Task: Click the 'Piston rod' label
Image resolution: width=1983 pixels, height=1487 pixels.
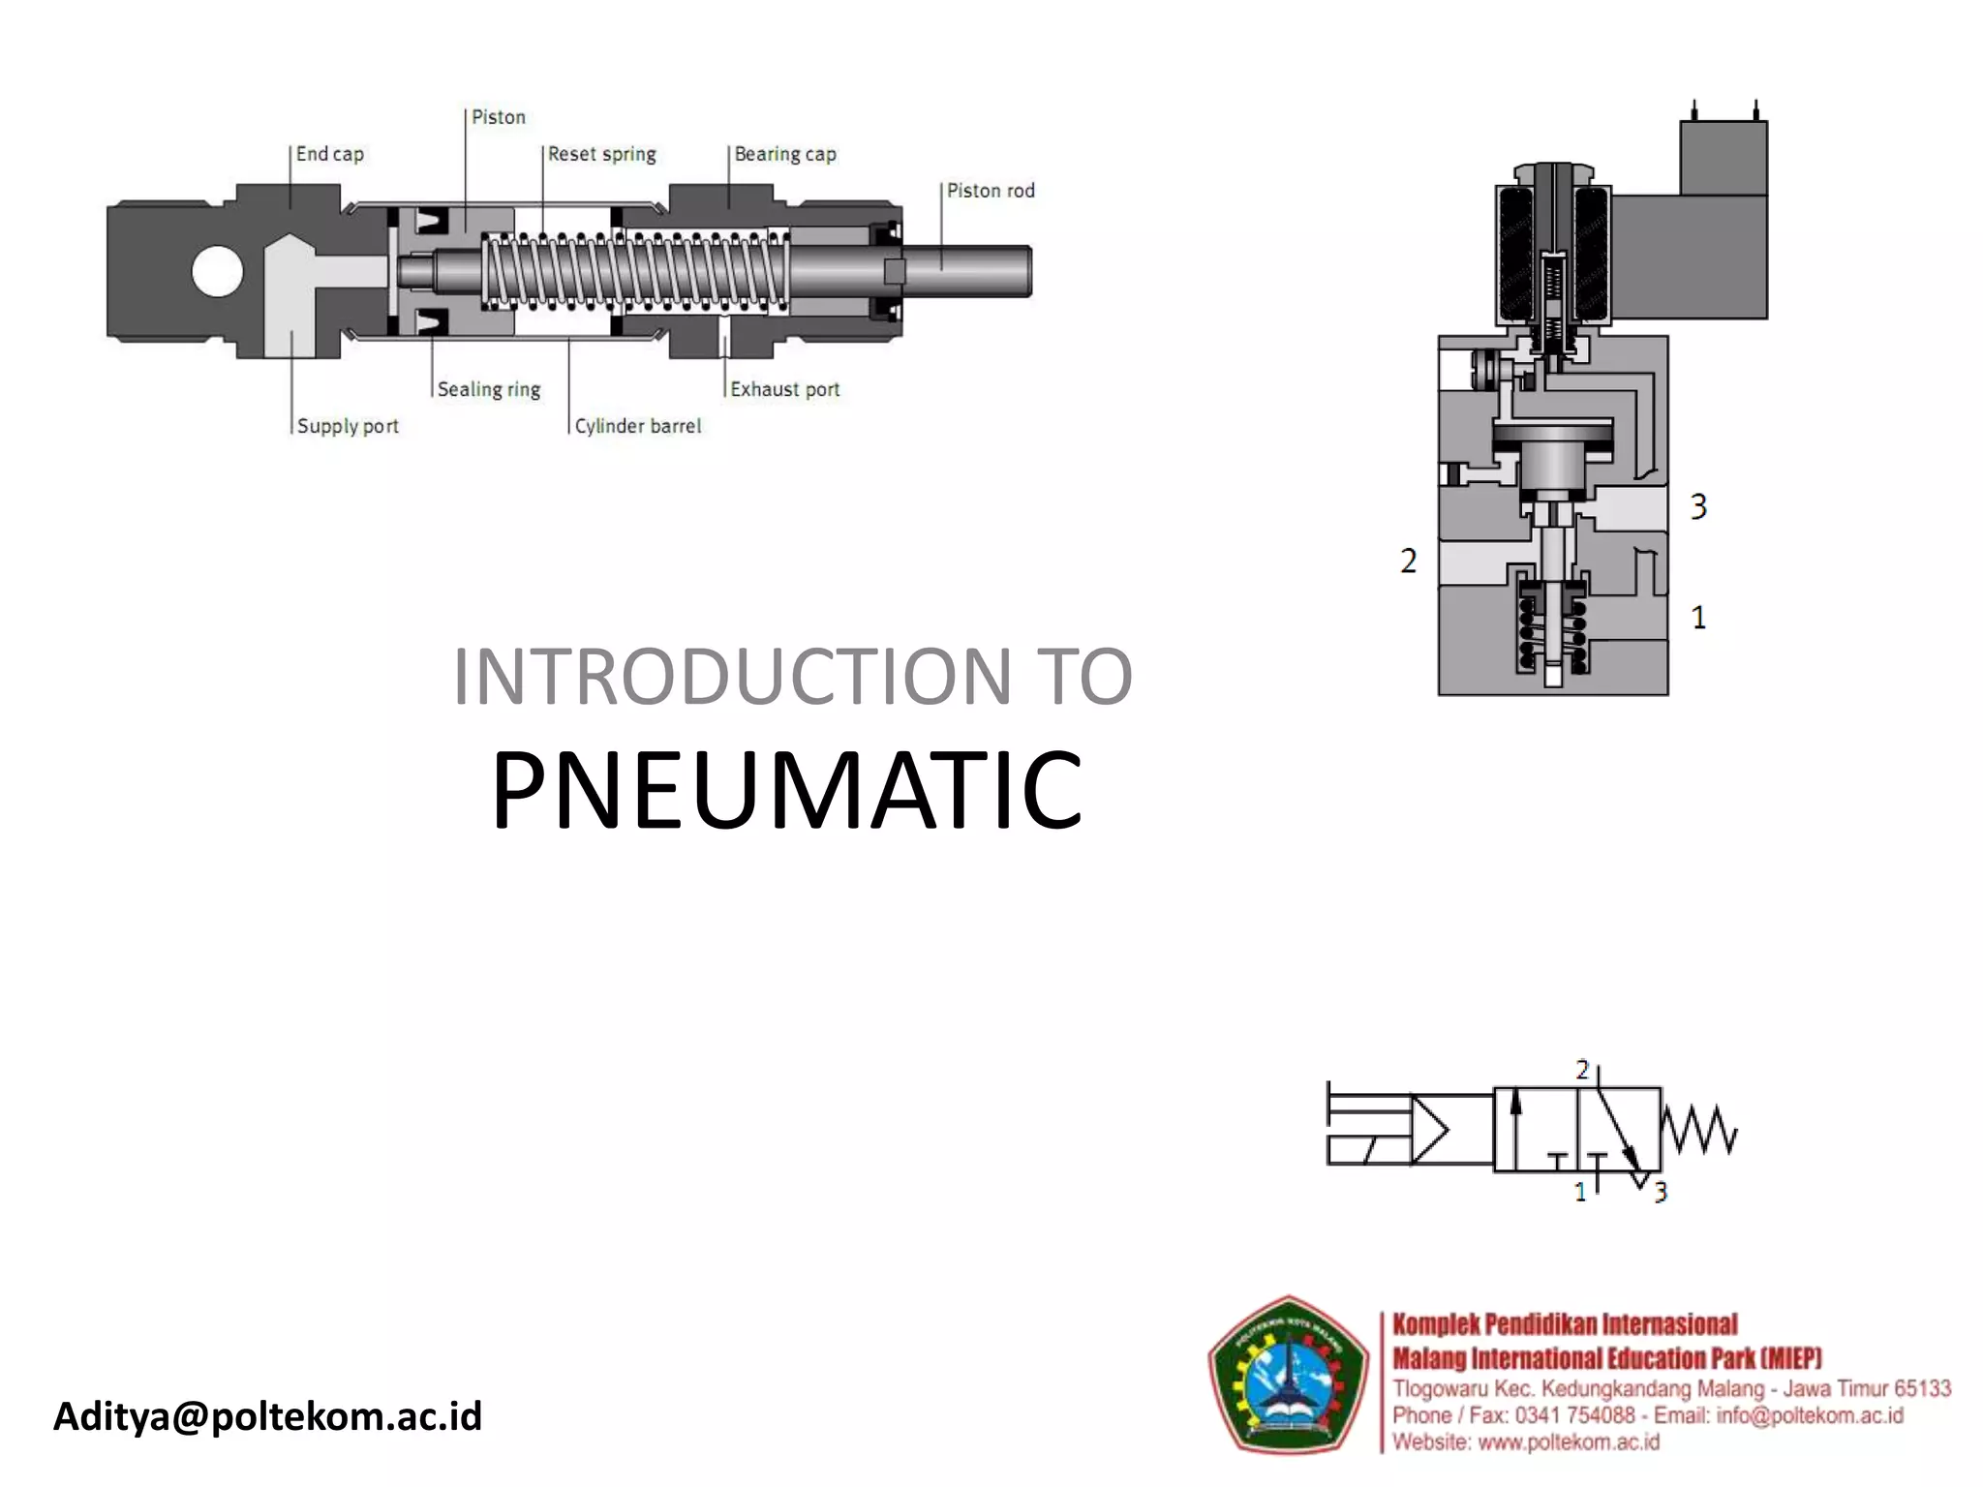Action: point(990,191)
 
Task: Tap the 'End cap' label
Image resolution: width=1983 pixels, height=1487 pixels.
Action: point(329,154)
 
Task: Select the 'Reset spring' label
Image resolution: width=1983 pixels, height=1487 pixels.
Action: point(601,154)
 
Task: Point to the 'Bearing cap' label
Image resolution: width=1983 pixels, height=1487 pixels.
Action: point(784,154)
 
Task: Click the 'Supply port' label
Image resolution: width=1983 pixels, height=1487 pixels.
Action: point(347,426)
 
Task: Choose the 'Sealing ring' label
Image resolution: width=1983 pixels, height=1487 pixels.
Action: point(488,389)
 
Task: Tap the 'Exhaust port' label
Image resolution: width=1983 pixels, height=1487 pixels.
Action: point(784,389)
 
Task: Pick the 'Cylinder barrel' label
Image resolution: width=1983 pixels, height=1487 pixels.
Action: point(637,426)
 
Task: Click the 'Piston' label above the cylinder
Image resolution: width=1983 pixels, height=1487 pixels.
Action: point(498,117)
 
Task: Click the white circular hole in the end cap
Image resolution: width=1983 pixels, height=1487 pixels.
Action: point(217,272)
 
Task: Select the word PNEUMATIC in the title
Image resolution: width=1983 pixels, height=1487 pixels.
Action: point(786,790)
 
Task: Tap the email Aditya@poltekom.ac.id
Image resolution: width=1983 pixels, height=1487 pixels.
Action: point(267,1415)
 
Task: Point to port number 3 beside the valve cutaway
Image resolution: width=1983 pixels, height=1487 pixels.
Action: point(1698,506)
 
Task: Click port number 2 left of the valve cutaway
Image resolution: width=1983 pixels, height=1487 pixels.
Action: point(1408,561)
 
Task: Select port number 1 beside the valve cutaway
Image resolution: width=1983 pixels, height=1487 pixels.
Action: point(1698,617)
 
